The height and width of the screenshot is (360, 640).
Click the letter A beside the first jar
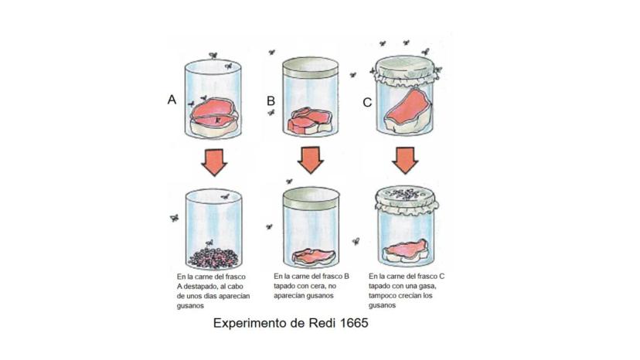tap(172, 100)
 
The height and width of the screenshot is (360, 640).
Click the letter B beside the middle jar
tap(271, 101)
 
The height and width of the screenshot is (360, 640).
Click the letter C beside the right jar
tap(367, 102)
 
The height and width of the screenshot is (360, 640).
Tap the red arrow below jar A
tap(214, 162)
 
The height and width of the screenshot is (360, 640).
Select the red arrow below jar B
tap(310, 161)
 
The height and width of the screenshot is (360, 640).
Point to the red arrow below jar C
tap(405, 161)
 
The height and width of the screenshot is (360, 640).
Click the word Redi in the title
tap(322, 323)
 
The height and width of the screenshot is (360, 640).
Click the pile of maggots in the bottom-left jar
tap(213, 258)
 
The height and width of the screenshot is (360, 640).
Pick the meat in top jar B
tap(310, 121)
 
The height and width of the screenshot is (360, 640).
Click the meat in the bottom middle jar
tap(314, 256)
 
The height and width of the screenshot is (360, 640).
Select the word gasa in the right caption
tap(428, 286)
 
